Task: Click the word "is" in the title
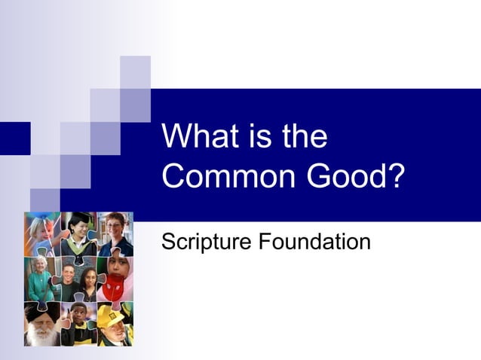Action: coord(256,138)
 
